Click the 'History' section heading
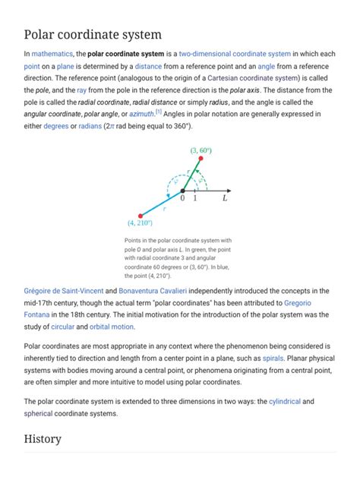pos(43,438)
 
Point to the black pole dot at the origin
pos(182,190)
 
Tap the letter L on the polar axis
pos(225,199)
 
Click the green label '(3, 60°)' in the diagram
pos(201,150)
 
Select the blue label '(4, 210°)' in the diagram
pos(140,223)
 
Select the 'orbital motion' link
pos(112,327)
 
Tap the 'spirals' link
pos(273,357)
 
